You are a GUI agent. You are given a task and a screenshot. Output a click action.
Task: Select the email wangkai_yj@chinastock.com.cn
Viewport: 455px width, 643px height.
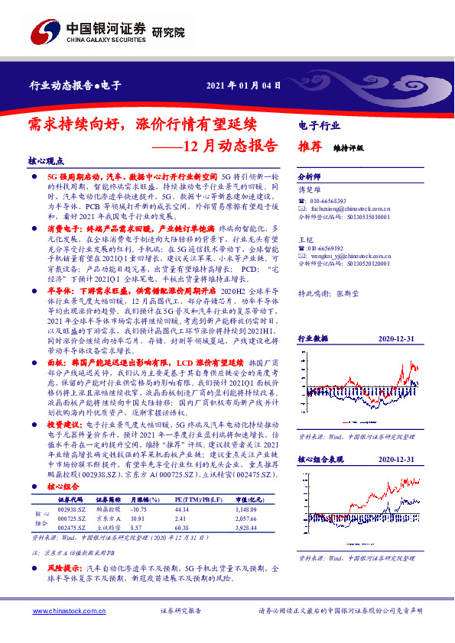(344, 256)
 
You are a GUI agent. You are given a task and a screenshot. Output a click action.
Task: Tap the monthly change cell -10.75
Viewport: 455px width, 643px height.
(138, 508)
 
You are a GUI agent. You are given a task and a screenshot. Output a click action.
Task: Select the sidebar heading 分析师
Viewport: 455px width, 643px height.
(309, 175)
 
